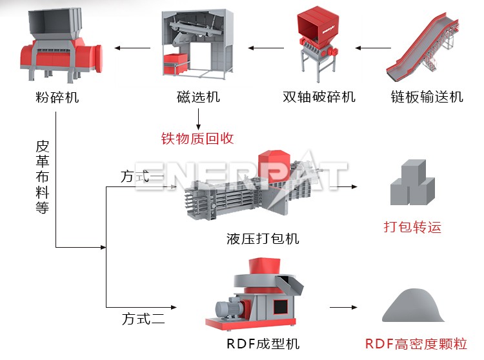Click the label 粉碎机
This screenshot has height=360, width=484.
tap(57, 98)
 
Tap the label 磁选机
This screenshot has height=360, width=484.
tap(198, 97)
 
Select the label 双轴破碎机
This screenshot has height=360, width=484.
tap(319, 97)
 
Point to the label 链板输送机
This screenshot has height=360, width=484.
tap(427, 97)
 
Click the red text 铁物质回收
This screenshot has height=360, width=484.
tap(197, 138)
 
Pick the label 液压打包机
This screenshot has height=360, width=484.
tap(263, 238)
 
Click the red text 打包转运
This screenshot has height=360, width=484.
tap(412, 227)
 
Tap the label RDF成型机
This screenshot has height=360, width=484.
tap(263, 343)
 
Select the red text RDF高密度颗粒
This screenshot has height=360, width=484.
tap(416, 343)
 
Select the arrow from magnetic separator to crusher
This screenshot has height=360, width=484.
tap(133, 48)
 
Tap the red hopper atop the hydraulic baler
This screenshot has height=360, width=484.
tap(274, 164)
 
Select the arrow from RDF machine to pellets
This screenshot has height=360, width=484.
tap(343, 308)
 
